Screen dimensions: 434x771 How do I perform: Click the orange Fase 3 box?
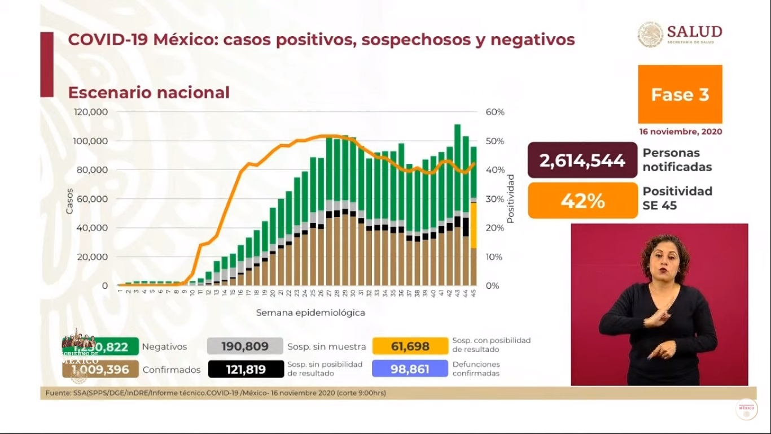(x=680, y=94)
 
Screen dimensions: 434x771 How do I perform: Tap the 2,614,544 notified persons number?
(x=582, y=160)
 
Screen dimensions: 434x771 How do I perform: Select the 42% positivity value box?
(x=582, y=200)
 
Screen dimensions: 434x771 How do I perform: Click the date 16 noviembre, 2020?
(x=680, y=132)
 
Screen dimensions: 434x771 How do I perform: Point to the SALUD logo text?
(x=694, y=32)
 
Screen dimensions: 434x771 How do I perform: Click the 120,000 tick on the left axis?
(x=91, y=112)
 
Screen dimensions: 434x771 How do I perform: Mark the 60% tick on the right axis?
(x=494, y=112)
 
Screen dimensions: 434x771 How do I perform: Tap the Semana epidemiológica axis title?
(x=310, y=313)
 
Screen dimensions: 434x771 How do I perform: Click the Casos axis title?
(x=69, y=201)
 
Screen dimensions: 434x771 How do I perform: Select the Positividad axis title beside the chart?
(x=510, y=199)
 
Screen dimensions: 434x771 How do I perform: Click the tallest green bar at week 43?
(x=457, y=170)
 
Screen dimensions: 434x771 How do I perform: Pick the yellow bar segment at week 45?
(x=474, y=225)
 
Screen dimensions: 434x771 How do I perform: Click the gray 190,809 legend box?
(x=245, y=346)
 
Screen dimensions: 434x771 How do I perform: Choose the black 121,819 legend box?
(x=245, y=369)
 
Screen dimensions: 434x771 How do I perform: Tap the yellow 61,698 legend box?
(x=410, y=346)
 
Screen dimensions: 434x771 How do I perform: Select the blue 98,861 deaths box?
(x=410, y=369)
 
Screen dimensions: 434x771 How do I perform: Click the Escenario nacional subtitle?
(x=148, y=92)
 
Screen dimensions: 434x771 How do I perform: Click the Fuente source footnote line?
(x=216, y=393)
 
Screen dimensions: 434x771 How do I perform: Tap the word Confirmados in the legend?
(x=172, y=370)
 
